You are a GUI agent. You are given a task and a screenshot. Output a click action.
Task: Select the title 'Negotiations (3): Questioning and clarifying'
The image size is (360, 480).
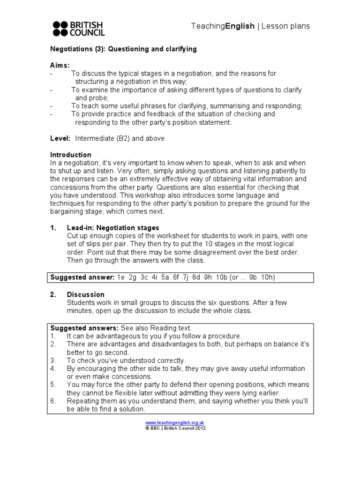pyautogui.click(x=123, y=49)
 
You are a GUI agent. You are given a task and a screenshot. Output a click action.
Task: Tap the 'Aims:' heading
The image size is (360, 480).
pyautogui.click(x=60, y=65)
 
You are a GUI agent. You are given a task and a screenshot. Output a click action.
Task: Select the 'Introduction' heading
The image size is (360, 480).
pyautogui.click(x=71, y=155)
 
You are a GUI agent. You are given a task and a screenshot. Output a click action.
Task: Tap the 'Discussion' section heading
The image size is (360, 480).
pyautogui.click(x=86, y=294)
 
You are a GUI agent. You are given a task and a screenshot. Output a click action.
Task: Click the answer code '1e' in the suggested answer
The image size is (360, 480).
pyautogui.click(x=121, y=277)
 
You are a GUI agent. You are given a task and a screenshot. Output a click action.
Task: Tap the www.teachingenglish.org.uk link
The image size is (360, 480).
pyautogui.click(x=175, y=422)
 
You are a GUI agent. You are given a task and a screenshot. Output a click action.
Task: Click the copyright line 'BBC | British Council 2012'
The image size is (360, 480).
pyautogui.click(x=178, y=428)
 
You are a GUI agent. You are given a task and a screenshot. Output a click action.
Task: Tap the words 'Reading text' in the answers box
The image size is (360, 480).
pyautogui.click(x=171, y=328)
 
